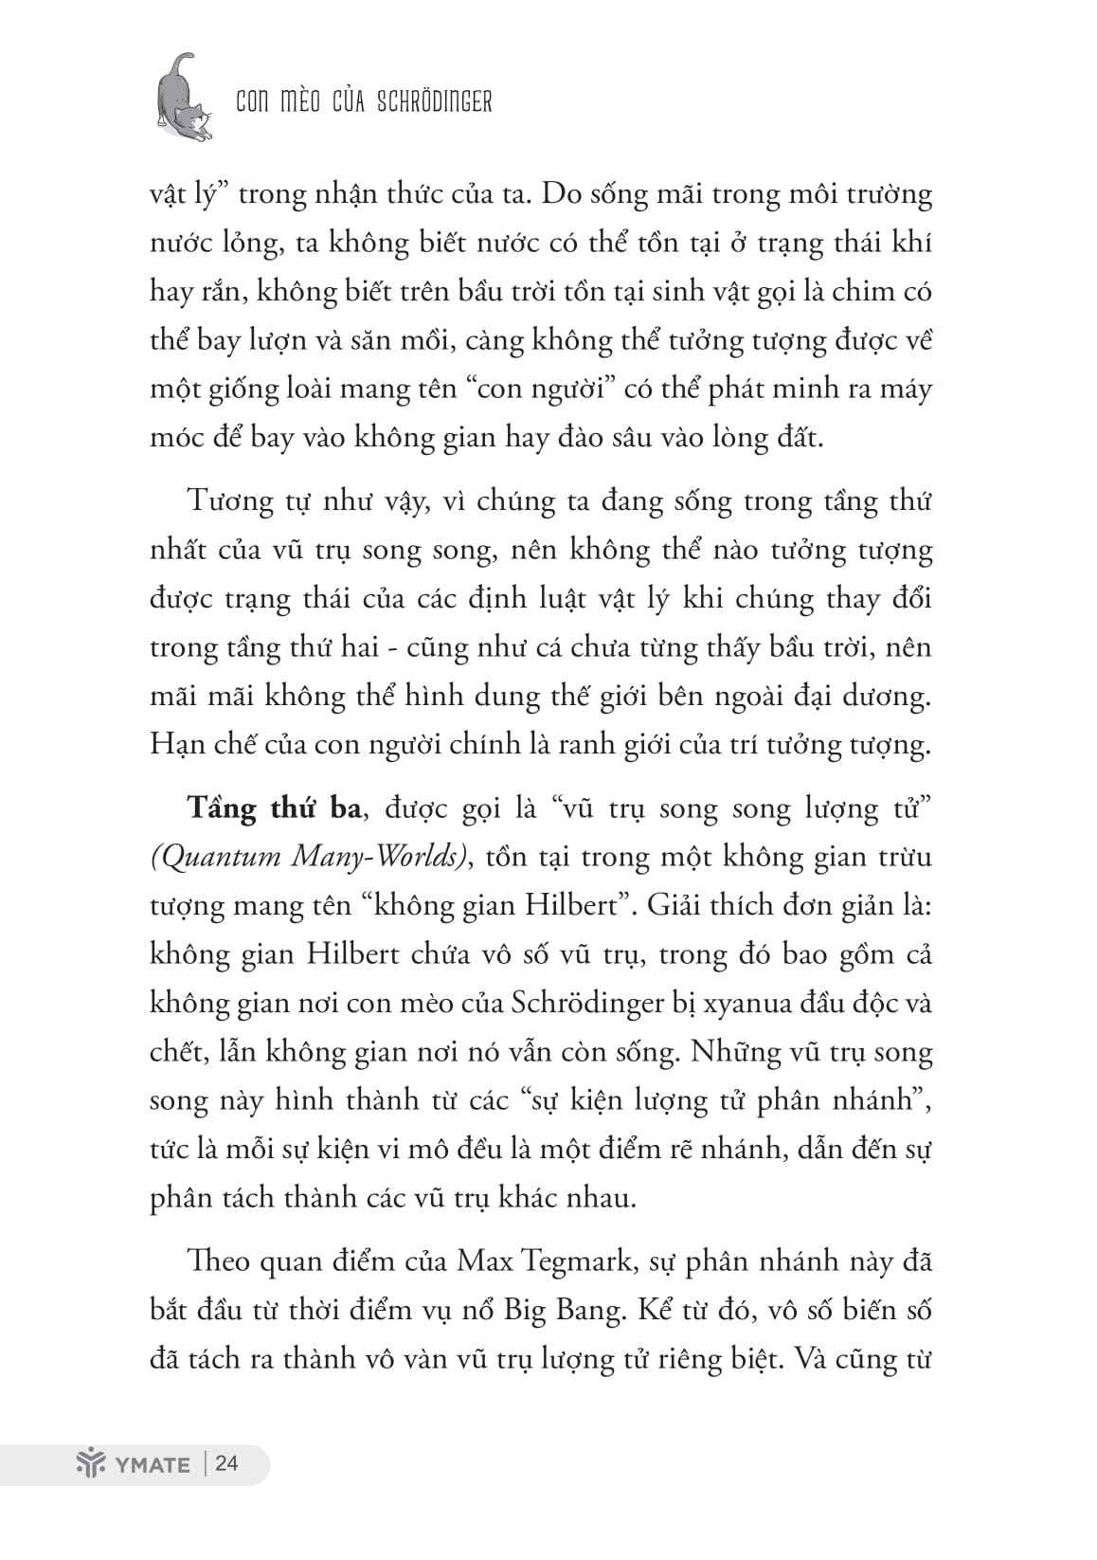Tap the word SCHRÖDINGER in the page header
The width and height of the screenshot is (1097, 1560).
(x=434, y=101)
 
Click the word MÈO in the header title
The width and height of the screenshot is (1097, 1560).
(x=301, y=101)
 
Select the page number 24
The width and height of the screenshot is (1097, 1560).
(x=227, y=1463)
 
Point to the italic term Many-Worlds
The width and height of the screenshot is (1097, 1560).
(x=381, y=857)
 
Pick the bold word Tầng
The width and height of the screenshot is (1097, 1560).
(x=223, y=807)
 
